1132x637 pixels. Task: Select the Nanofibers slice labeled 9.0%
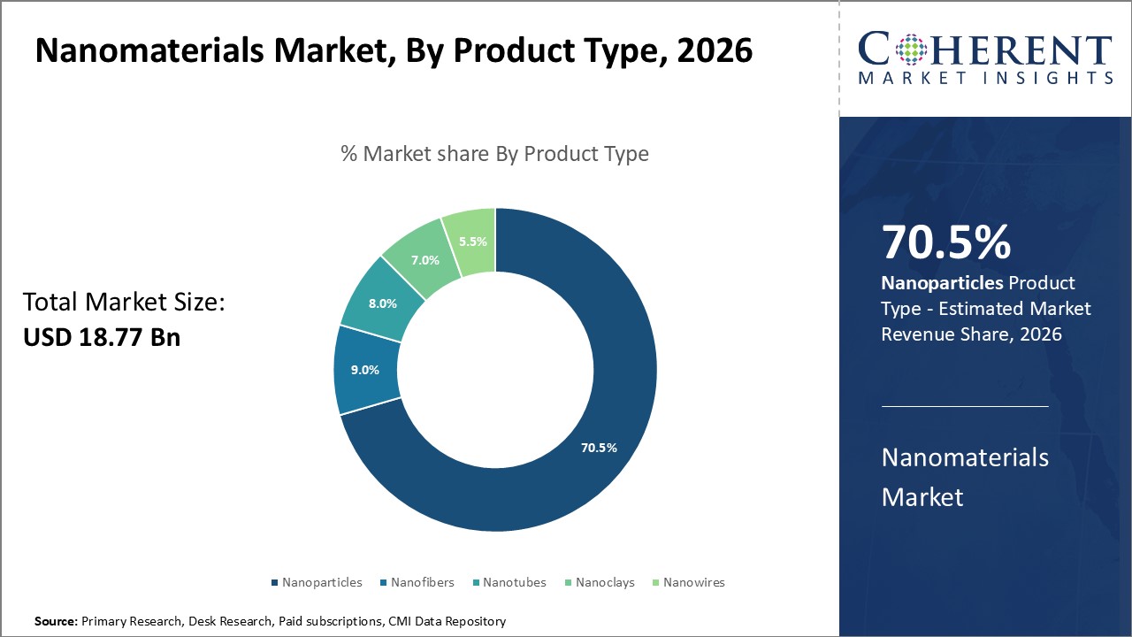pos(365,370)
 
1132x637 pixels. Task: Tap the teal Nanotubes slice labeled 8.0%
pos(383,303)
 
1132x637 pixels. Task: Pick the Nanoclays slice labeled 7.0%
pos(424,261)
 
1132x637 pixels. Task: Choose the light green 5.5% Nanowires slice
pos(473,241)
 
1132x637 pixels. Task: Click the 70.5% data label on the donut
pos(599,448)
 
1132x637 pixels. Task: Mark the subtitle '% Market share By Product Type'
pos(494,154)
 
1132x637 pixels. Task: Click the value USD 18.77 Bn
pos(102,337)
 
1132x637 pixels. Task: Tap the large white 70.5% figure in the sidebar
pos(945,244)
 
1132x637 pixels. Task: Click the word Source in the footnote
pos(56,621)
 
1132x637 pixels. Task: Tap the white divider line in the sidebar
pos(965,407)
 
